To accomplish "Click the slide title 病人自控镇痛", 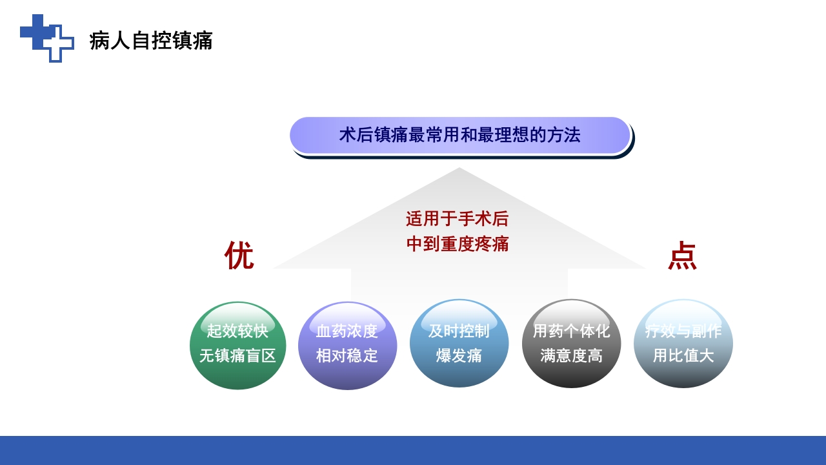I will coord(151,41).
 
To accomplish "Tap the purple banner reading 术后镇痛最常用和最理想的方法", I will coord(459,135).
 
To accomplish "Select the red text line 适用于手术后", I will coord(457,219).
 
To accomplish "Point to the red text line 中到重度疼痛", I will coord(457,244).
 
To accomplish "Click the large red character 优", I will coord(239,255).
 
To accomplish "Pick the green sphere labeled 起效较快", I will coord(237,375).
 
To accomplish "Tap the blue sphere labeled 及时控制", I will coord(459,375).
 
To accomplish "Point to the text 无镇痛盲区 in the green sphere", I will coord(237,356).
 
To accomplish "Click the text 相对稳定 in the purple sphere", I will coord(347,356).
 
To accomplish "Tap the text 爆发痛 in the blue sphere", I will coord(459,356).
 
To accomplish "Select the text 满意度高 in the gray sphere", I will coord(571,356).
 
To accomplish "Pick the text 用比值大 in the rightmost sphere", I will coord(683,356).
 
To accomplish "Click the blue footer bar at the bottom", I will coord(413,450).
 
